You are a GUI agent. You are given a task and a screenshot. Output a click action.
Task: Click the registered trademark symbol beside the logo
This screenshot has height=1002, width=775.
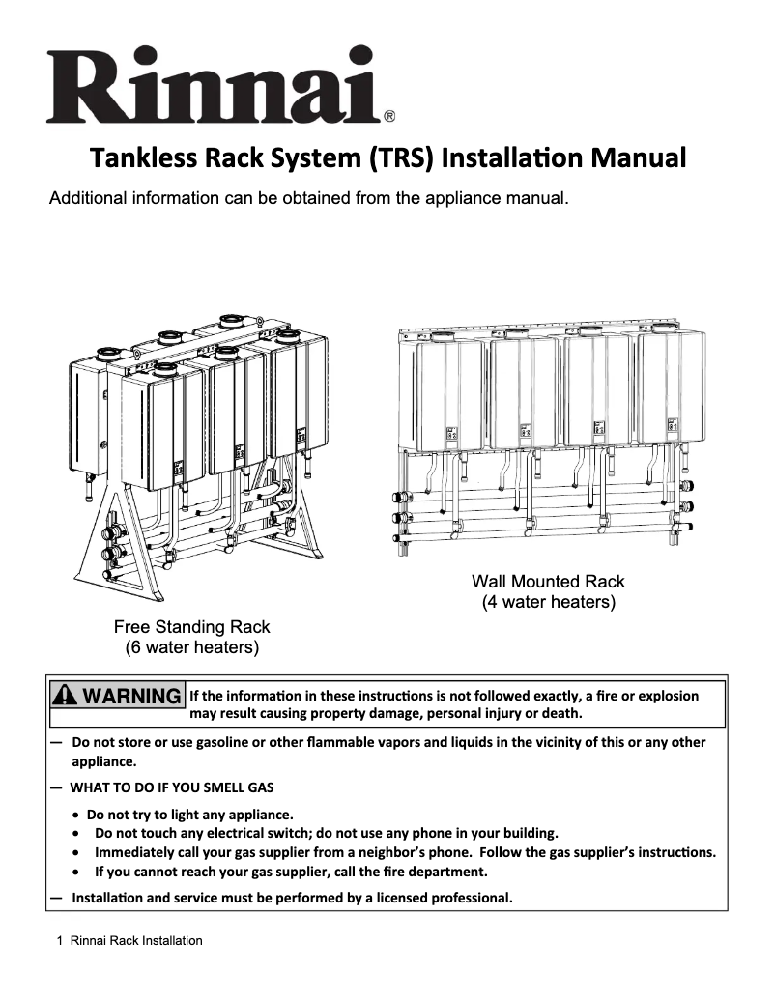point(388,117)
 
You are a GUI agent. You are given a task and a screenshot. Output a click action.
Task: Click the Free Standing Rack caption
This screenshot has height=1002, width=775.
point(192,626)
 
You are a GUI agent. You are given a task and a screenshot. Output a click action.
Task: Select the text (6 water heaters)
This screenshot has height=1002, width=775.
point(192,646)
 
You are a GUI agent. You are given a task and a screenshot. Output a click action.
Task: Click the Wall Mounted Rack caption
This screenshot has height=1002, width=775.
point(548,582)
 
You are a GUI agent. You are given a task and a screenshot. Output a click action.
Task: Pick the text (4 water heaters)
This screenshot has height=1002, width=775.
point(548,602)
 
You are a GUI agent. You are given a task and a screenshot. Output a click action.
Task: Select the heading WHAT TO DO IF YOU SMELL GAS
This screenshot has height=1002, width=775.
point(172,787)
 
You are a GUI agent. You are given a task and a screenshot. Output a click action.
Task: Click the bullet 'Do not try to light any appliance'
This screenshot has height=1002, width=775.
point(189,814)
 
